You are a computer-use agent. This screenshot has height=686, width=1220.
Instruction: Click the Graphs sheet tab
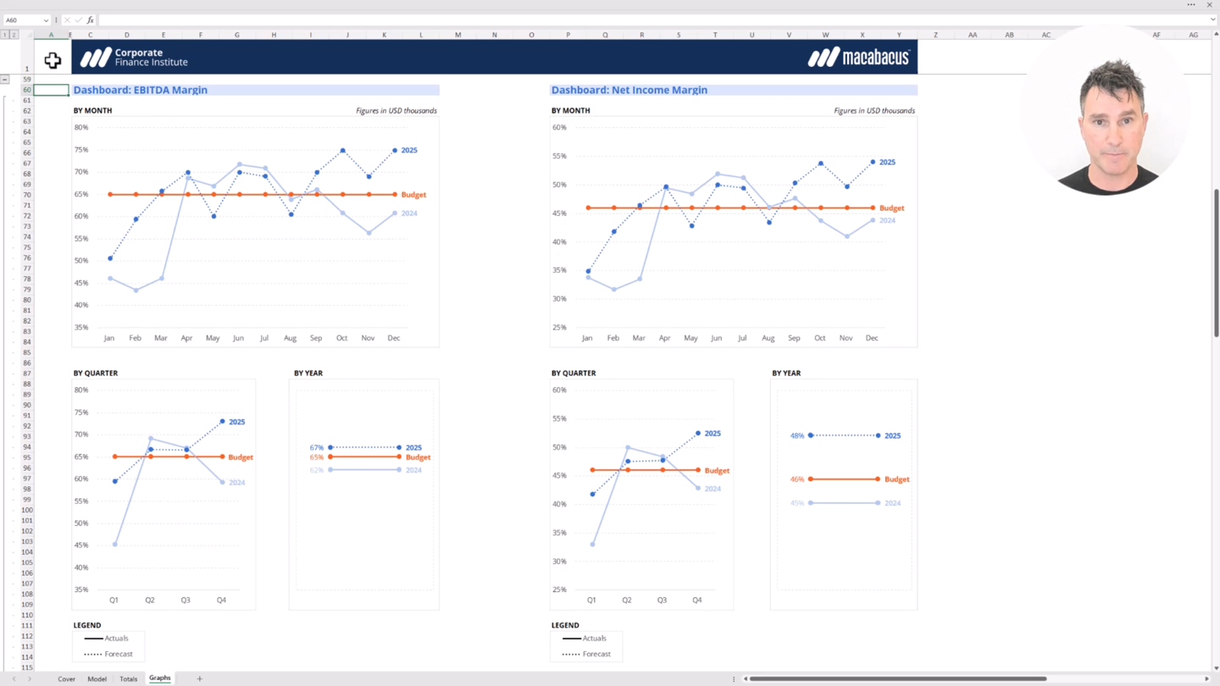159,678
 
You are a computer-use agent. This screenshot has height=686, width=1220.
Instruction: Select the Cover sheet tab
66,679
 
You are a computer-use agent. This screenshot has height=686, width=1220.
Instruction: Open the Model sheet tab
97,679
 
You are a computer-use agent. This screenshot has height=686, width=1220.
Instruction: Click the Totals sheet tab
128,679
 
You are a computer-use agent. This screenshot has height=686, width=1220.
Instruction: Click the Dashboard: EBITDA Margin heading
141,90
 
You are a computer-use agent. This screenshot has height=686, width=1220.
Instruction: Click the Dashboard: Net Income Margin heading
629,90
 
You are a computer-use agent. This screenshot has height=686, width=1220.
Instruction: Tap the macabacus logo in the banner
858,58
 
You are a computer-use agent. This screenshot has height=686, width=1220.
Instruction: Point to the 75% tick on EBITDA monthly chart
81,150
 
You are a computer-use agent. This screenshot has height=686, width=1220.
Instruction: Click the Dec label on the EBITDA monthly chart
394,338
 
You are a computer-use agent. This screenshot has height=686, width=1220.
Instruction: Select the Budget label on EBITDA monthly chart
413,195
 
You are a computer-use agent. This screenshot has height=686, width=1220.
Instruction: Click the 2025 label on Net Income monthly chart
887,162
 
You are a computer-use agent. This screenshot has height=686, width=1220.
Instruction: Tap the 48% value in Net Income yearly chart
796,436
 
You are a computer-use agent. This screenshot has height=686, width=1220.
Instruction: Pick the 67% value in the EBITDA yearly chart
316,448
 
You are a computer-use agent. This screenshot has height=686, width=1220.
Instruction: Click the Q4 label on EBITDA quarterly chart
221,600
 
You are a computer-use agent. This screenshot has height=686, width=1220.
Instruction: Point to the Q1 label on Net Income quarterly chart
591,600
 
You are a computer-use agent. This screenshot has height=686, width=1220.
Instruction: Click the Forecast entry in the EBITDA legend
119,654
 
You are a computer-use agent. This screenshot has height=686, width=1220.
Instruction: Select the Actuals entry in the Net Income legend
594,639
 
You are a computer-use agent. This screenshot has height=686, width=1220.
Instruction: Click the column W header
825,35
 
